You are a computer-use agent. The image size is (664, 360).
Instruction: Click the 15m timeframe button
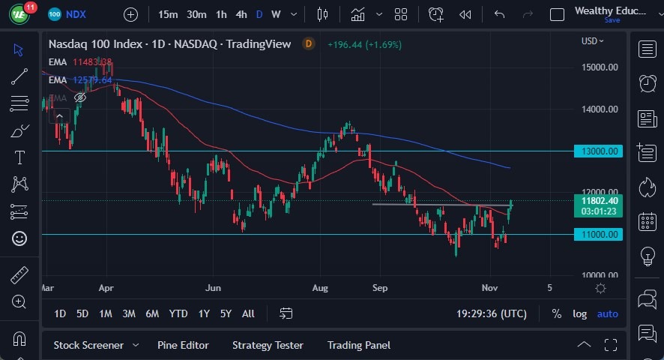(169, 14)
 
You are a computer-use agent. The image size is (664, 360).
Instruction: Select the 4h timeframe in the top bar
(241, 14)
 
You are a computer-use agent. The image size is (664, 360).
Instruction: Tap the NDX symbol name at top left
(76, 14)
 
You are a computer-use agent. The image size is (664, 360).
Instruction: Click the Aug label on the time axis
(321, 287)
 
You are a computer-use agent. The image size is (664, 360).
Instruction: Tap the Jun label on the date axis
(214, 287)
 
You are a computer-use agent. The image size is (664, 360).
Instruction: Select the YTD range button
(178, 313)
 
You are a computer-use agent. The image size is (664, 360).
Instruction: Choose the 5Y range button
(225, 313)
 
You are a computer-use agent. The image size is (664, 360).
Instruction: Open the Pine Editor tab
(183, 345)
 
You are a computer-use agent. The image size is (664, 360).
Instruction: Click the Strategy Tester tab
(268, 345)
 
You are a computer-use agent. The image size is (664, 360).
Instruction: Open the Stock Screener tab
(88, 345)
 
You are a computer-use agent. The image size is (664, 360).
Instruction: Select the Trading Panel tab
(359, 345)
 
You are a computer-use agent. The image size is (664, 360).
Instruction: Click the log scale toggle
(580, 313)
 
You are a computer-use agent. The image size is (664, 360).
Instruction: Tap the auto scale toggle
(608, 313)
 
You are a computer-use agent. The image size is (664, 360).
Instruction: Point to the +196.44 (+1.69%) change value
(364, 44)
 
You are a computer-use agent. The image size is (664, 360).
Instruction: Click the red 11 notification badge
(30, 7)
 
